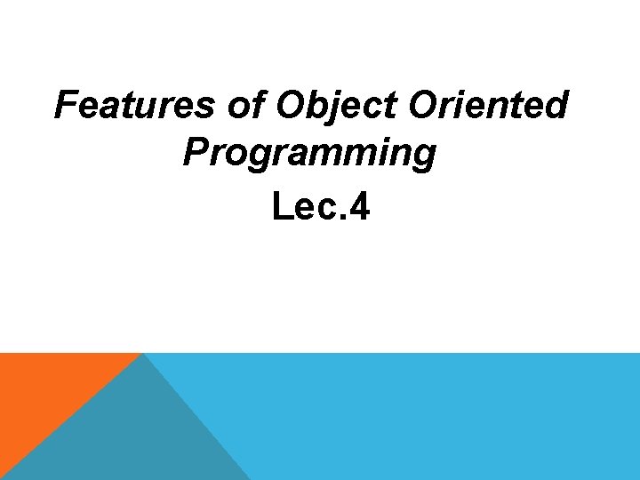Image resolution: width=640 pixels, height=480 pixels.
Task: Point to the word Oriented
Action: click(x=488, y=106)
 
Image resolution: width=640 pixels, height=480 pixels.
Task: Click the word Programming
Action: click(x=310, y=155)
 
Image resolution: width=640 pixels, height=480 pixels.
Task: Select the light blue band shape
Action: click(x=444, y=418)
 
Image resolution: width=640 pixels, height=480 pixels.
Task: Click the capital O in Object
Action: click(x=292, y=106)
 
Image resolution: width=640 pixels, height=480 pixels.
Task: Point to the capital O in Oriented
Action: click(x=425, y=106)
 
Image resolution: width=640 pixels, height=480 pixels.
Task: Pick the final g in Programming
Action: click(x=425, y=158)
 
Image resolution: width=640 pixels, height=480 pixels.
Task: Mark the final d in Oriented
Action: click(x=556, y=106)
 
